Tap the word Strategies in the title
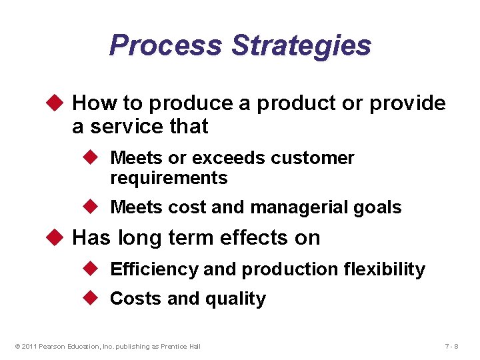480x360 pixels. (301, 45)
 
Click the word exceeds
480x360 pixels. (230, 158)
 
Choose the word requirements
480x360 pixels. (169, 178)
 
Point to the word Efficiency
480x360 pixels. (154, 269)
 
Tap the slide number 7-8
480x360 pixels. (451, 346)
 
